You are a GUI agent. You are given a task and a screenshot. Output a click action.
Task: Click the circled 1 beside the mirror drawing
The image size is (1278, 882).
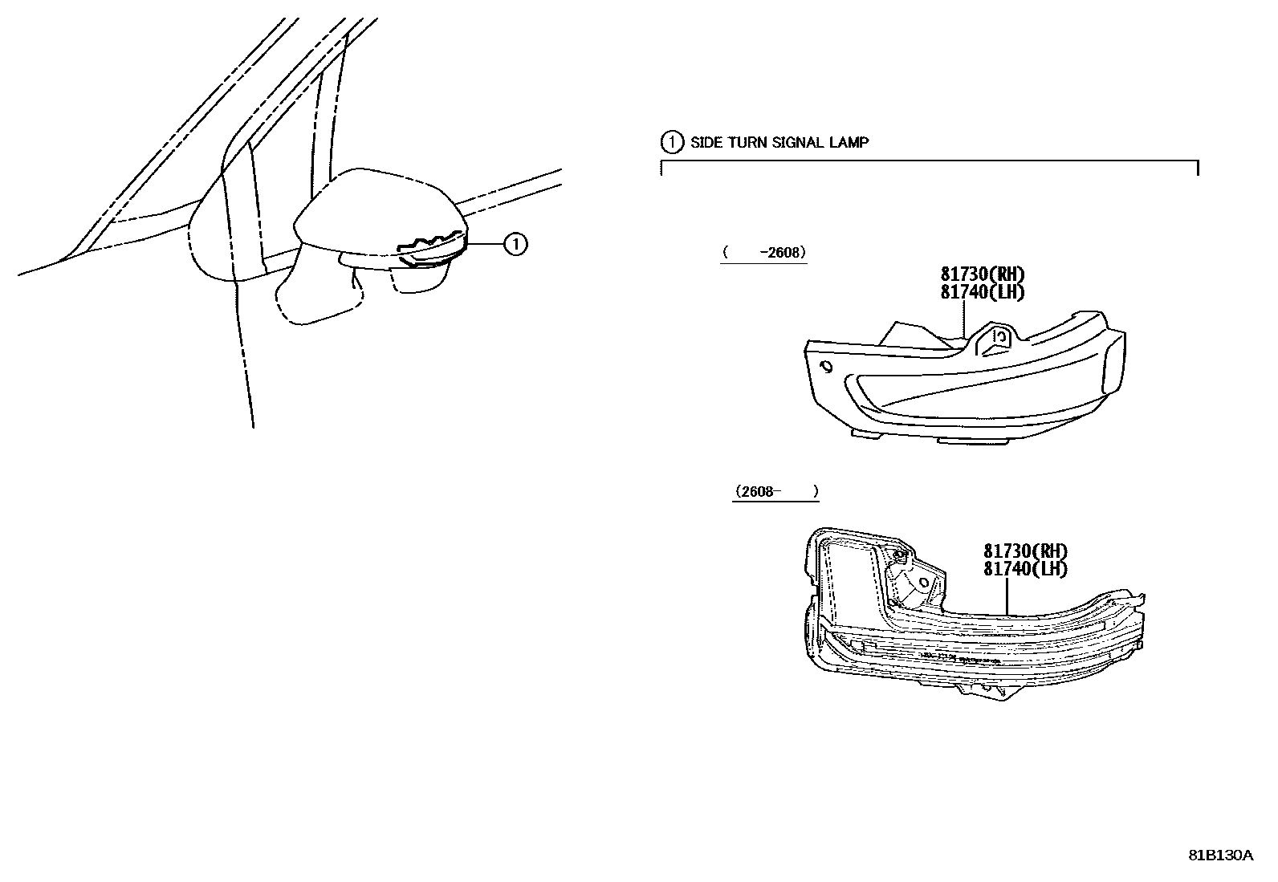pyautogui.click(x=515, y=244)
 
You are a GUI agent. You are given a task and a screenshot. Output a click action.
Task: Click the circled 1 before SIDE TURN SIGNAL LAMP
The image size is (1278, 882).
pyautogui.click(x=672, y=142)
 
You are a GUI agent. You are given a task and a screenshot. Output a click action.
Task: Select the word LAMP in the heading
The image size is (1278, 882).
pyautogui.click(x=849, y=143)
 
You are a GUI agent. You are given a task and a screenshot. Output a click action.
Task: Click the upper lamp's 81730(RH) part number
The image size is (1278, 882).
pyautogui.click(x=983, y=274)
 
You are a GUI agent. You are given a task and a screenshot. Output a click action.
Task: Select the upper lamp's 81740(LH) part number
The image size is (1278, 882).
pyautogui.click(x=983, y=292)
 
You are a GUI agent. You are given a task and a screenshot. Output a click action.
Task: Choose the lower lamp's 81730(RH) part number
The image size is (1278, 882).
pyautogui.click(x=1025, y=551)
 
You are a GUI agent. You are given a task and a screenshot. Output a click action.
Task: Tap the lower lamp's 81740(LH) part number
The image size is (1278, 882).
pyautogui.click(x=1025, y=569)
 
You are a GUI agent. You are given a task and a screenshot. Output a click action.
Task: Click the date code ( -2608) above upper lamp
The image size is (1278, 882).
pyautogui.click(x=764, y=253)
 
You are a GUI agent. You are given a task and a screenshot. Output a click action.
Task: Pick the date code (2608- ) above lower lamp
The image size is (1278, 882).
pyautogui.click(x=776, y=491)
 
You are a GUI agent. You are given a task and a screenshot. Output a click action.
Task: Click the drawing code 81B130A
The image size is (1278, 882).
pyautogui.click(x=1221, y=856)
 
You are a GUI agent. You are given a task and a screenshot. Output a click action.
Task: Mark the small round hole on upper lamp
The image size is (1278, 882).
pyautogui.click(x=825, y=367)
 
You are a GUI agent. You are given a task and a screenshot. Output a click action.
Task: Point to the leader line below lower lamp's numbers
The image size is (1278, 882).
pyautogui.click(x=1007, y=596)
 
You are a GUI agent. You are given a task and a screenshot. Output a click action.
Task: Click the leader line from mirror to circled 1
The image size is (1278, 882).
pyautogui.click(x=486, y=244)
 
